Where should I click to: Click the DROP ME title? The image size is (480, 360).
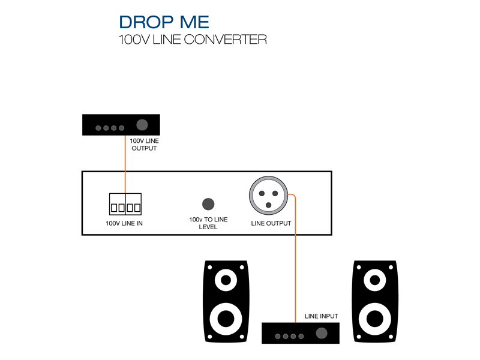(164, 22)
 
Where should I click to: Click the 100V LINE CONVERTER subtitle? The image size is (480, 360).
(192, 40)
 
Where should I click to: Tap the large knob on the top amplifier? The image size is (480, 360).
(142, 125)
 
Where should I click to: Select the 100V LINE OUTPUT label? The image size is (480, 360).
(143, 144)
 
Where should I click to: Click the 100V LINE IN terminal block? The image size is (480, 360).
(125, 205)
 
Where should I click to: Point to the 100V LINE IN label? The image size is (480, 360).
(124, 224)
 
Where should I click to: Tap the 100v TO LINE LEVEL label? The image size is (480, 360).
(208, 224)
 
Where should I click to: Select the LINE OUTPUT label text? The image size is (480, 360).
(271, 224)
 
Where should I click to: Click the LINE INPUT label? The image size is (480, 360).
(322, 316)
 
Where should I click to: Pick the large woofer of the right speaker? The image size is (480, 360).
(374, 317)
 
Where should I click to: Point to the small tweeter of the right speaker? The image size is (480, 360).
(374, 280)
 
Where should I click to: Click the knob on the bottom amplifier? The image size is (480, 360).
(322, 334)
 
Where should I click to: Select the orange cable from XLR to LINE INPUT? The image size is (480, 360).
(295, 258)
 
